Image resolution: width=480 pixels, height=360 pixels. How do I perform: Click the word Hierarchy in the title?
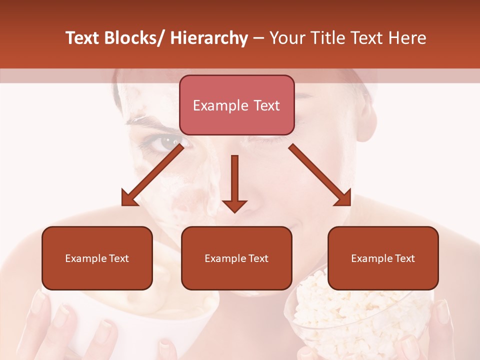209,38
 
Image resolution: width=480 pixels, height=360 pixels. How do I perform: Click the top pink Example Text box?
236,105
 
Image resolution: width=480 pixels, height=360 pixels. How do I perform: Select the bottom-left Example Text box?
97,258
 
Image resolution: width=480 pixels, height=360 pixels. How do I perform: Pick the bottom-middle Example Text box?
236,258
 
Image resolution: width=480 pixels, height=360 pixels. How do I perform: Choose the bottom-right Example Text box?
383,258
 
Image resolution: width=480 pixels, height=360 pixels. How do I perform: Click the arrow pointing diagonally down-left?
152,175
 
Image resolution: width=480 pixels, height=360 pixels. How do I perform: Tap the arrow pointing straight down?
234,182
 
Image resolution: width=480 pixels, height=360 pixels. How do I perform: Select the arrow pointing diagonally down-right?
320,175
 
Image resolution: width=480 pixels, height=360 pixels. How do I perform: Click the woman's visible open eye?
163,142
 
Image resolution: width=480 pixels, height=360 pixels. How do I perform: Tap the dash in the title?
258,38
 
